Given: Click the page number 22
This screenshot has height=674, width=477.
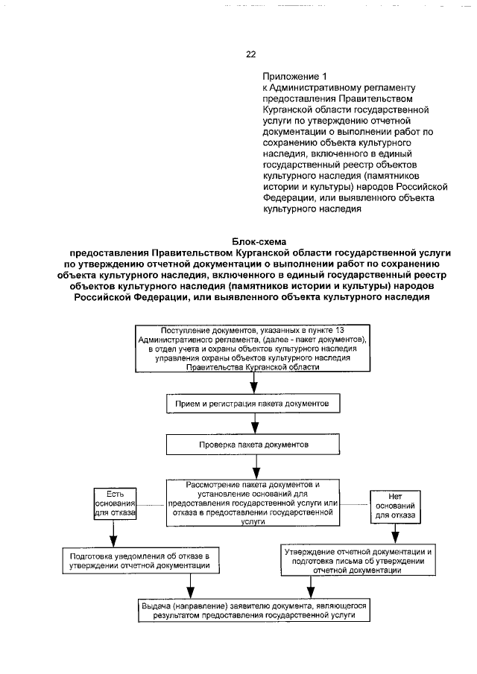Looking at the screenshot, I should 250,54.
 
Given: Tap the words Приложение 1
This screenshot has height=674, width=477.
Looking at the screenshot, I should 294,77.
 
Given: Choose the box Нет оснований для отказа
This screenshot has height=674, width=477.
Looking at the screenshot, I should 395,504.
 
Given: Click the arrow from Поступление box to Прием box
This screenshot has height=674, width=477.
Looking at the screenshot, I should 254,382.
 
